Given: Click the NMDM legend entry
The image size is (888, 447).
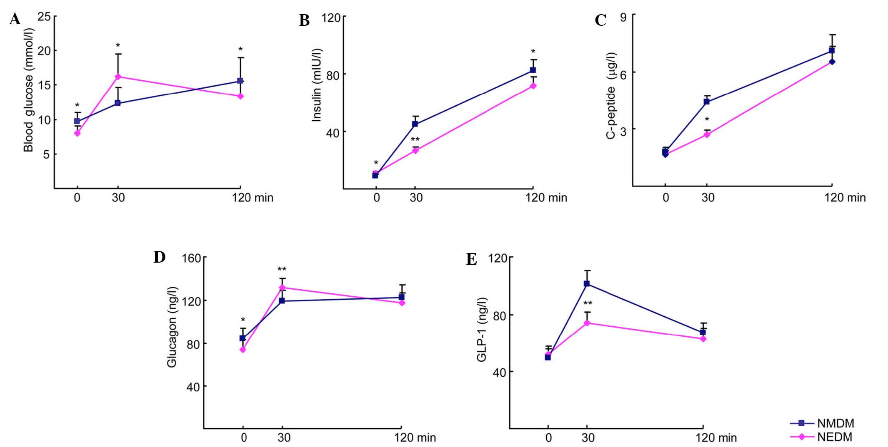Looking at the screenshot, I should tap(835, 424).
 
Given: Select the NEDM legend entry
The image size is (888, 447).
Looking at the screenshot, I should tap(834, 437).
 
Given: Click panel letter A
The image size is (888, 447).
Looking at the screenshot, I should tap(15, 19).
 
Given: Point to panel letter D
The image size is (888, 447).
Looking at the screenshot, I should tap(159, 257).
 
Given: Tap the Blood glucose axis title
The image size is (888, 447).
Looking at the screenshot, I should tap(28, 90).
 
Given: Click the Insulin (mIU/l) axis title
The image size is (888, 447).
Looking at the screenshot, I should tap(317, 85).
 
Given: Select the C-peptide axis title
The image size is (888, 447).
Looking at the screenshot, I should tap(611, 96).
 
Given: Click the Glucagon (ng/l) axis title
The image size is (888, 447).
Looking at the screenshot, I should tap(172, 327).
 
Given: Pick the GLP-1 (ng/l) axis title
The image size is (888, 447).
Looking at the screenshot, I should tap(482, 330).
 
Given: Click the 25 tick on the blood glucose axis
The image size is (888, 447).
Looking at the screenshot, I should tap(44, 17).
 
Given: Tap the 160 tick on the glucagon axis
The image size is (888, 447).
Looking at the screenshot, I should tap(192, 258).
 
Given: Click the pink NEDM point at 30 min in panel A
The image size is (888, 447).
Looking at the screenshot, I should tap(118, 77).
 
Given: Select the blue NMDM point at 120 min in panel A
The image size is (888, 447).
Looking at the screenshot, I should tap(240, 81).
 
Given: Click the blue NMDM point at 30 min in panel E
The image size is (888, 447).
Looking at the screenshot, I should tap(587, 284).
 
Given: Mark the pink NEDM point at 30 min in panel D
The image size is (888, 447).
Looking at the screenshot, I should tap(282, 288).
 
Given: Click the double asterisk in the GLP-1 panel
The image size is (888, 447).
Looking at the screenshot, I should tap(588, 303).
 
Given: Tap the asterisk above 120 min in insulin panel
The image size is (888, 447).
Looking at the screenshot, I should tap(533, 52).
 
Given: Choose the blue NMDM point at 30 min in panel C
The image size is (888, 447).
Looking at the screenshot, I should tap(707, 102).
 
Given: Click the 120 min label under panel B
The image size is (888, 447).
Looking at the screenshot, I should tap(546, 198).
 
